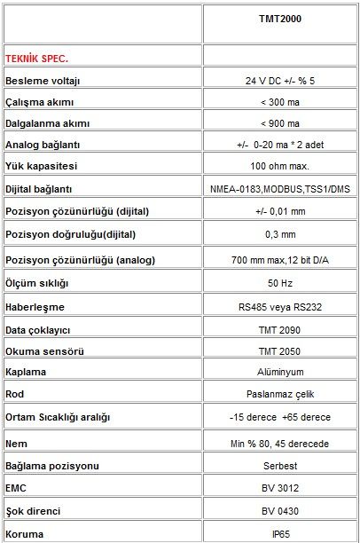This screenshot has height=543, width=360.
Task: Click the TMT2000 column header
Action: point(280,18)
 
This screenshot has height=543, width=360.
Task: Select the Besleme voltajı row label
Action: point(43,81)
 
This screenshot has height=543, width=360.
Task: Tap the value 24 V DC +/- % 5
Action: point(280,81)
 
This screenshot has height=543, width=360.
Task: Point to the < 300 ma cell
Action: point(280,101)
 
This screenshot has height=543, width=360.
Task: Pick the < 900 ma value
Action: point(280,122)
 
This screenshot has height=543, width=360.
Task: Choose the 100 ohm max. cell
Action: point(280,165)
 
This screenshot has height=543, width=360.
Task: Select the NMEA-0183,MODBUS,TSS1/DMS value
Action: point(280,189)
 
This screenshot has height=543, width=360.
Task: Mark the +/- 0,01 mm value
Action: point(280,212)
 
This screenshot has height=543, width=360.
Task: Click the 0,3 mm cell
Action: point(280,235)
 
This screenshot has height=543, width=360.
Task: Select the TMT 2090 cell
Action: point(280,328)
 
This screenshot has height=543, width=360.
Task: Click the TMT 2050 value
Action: point(280,350)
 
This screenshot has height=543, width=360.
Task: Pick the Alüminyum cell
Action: point(280,372)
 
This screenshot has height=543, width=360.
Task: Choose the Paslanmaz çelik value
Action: point(280,393)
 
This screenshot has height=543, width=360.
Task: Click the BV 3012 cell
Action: point(280,488)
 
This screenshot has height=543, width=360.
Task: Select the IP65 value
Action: point(280,534)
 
